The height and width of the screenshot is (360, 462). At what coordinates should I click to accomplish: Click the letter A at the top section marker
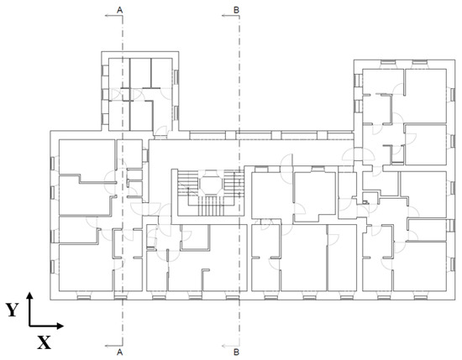(x=119, y=10)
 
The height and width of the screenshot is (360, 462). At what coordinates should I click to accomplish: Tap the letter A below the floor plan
(x=119, y=352)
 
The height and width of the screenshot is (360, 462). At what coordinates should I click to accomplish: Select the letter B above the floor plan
(x=236, y=10)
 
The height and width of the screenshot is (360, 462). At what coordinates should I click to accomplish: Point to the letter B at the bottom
(x=236, y=352)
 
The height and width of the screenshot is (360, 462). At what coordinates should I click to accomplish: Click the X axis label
(x=44, y=342)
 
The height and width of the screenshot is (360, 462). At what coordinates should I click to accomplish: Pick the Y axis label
(x=12, y=310)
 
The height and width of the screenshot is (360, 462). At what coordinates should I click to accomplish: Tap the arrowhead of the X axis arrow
(x=60, y=326)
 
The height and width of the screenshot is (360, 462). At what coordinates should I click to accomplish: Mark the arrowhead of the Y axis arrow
(x=29, y=295)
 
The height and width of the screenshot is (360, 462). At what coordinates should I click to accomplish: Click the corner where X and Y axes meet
(x=29, y=326)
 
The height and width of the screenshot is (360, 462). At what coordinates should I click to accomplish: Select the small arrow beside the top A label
(x=113, y=16)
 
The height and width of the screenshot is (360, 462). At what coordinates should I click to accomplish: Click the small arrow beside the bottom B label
(x=231, y=346)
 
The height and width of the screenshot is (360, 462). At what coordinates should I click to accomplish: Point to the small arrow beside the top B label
(x=231, y=16)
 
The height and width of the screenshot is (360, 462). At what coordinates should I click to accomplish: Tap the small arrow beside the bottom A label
(x=113, y=346)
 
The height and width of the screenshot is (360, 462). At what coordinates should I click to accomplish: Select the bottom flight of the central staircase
(x=210, y=206)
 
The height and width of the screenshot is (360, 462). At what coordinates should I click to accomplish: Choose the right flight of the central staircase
(x=233, y=181)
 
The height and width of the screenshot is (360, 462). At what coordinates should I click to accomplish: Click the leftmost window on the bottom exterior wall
(x=84, y=297)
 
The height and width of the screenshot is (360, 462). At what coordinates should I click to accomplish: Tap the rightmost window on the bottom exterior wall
(x=421, y=297)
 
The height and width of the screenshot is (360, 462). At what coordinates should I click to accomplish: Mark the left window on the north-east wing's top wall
(x=388, y=62)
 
